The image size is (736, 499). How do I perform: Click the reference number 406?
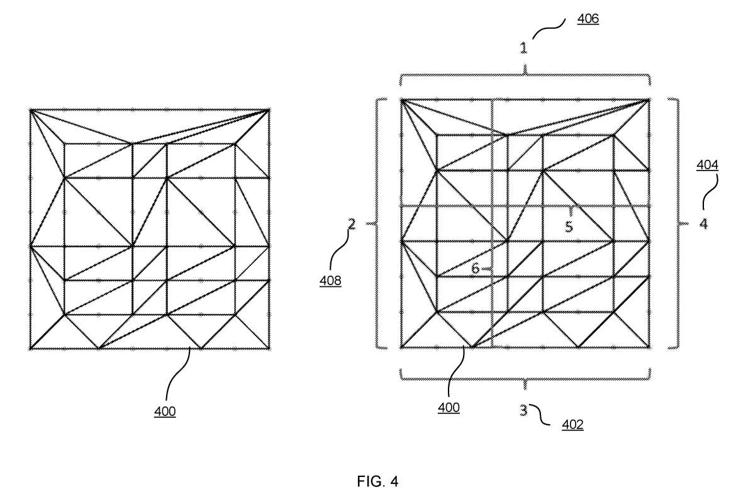588,19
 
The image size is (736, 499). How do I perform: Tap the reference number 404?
707,165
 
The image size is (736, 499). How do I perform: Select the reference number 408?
330,281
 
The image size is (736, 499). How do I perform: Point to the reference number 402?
572,424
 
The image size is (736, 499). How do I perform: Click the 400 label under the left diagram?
165,412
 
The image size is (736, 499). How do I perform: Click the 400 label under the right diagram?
449,408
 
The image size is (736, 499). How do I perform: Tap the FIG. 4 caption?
377,481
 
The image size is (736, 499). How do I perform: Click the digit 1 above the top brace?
523,47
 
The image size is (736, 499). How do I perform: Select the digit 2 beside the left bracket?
352,224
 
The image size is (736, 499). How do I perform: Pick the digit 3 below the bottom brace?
524,410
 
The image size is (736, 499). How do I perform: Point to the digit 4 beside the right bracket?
703,223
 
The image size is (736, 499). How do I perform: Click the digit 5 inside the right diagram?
569,227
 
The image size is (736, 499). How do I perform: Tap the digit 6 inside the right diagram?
475,268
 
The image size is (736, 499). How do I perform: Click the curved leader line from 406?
549,29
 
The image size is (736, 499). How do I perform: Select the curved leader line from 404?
711,191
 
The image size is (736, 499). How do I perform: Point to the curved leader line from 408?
339,250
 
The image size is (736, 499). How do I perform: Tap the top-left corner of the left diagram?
31,110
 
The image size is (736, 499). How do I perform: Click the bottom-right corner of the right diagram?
650,348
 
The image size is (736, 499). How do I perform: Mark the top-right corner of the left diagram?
269,110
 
